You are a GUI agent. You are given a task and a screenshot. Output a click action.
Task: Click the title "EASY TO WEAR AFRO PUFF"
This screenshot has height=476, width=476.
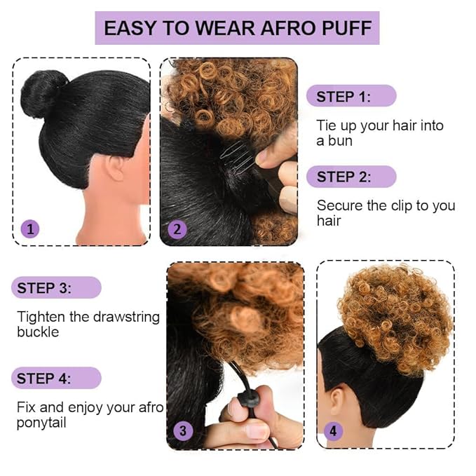coord(237,29)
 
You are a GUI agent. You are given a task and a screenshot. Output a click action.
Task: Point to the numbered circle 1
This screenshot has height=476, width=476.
coord(29,228)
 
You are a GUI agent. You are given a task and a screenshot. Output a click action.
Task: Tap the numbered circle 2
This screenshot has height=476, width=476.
coord(177,229)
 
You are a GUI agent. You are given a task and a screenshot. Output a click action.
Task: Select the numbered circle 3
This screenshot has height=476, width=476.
coord(183,431)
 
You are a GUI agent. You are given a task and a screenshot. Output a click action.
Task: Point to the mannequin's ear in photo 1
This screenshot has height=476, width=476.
coord(115,169)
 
